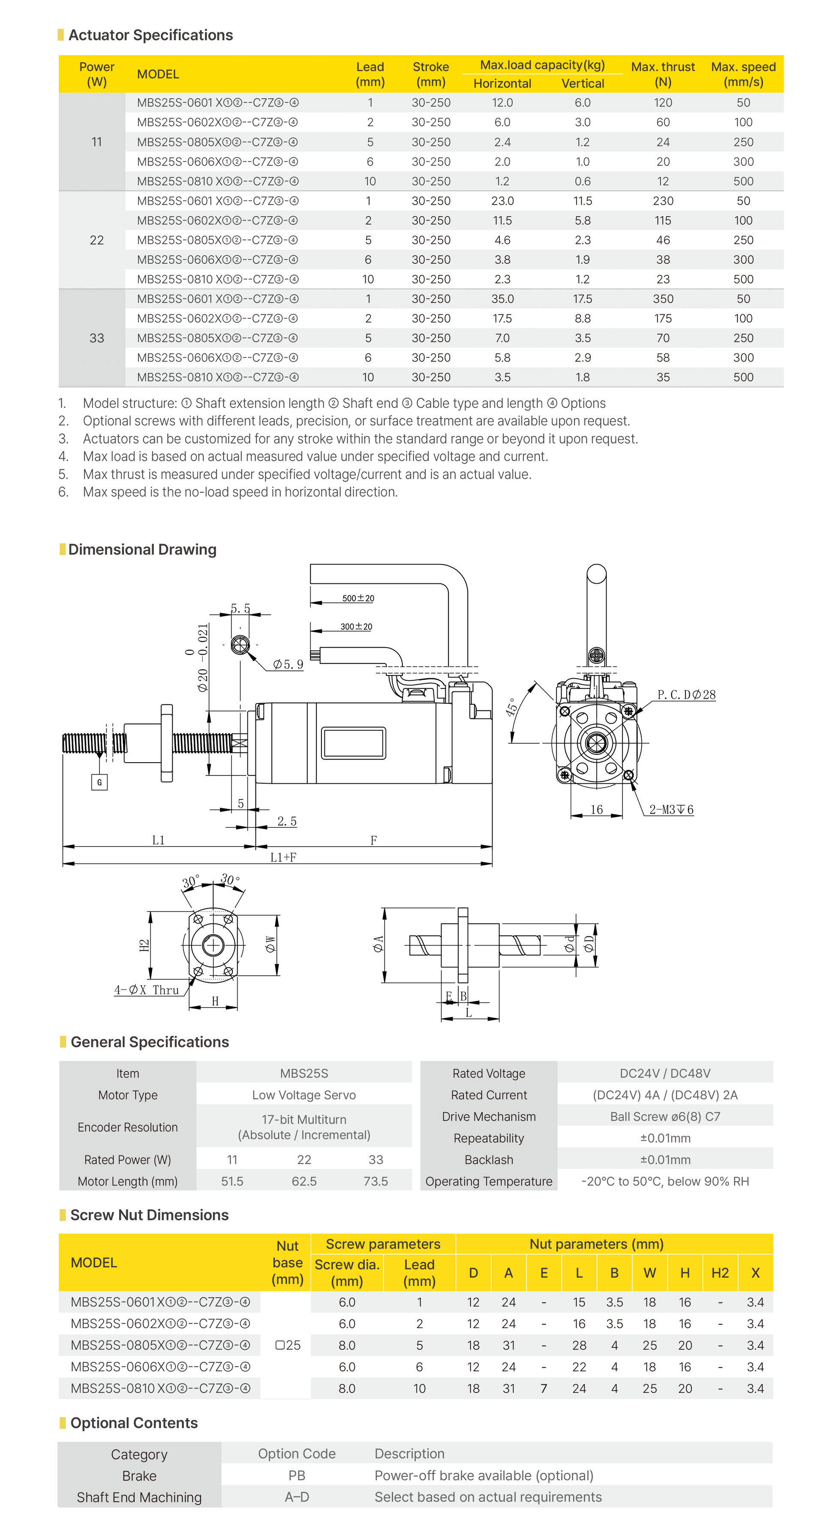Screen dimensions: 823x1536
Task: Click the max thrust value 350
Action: pos(663,299)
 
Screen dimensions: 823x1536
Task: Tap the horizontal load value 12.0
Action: pos(502,103)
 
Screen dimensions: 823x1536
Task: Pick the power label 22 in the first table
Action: pos(96,240)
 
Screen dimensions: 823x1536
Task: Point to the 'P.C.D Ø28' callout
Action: pos(686,695)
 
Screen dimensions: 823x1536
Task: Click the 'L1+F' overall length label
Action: pos(283,857)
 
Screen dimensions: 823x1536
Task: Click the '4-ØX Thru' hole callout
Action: pos(147,990)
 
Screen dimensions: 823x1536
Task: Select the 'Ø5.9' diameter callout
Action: pos(288,664)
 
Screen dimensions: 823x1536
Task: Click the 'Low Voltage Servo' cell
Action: pos(304,1095)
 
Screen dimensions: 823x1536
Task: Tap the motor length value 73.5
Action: pos(375,1181)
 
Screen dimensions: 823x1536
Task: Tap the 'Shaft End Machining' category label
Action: pos(139,1497)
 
